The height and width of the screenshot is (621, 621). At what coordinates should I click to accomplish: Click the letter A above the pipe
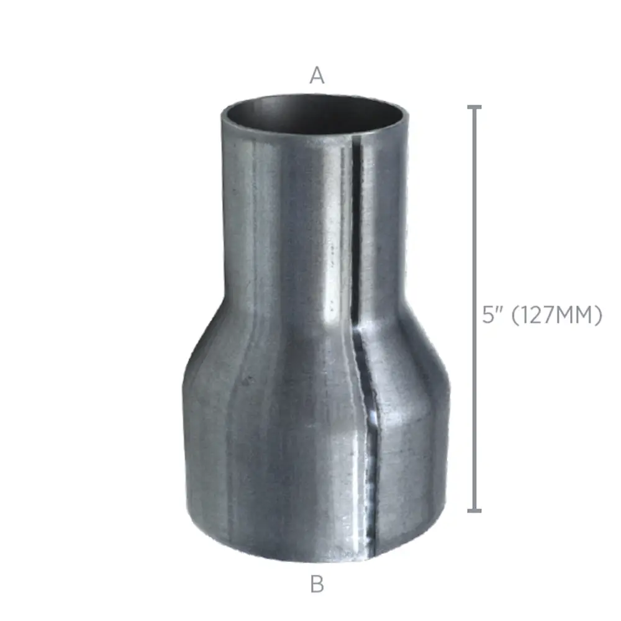coord(317,75)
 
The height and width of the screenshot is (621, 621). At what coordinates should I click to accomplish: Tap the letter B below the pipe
coord(317,584)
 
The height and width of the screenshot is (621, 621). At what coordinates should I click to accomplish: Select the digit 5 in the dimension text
coord(488,315)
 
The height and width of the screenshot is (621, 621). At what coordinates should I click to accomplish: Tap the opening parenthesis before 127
coord(515,316)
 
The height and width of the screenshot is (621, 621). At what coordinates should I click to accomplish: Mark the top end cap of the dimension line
coord(474,107)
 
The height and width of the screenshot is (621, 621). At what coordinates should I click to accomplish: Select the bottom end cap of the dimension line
coord(474,511)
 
